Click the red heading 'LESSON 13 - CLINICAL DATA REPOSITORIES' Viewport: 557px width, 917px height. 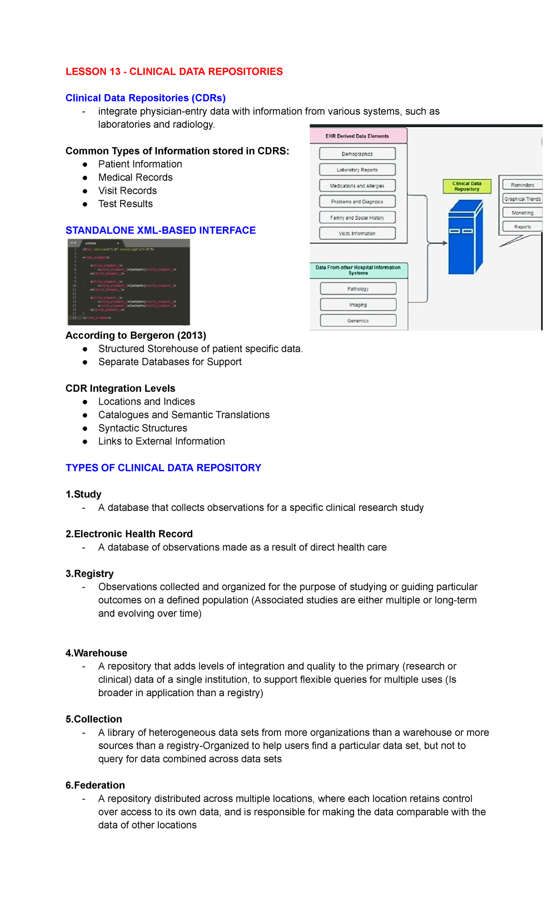[174, 71]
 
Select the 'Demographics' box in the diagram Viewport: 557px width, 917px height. [357, 154]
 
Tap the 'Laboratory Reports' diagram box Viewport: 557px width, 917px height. [357, 170]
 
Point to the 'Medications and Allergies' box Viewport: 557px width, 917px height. [357, 186]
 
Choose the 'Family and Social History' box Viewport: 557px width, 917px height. [357, 218]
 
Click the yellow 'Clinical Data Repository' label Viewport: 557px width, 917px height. [466, 186]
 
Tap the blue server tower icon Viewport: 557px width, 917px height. [465, 237]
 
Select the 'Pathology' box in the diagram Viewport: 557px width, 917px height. [358, 289]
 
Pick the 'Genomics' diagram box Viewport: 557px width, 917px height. [358, 321]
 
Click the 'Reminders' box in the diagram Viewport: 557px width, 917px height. [522, 185]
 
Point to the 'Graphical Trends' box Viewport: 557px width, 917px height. [522, 199]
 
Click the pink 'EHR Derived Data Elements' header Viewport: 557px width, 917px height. [357, 136]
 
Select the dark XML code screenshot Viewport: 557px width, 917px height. [129, 282]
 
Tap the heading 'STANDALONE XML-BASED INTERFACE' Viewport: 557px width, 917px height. [161, 230]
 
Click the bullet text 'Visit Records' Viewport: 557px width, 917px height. [127, 191]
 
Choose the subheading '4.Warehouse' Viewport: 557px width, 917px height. [96, 653]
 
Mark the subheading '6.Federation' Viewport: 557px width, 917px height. [95, 785]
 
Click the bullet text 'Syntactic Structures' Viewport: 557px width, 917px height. [142, 428]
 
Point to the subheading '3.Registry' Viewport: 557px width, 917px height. [90, 574]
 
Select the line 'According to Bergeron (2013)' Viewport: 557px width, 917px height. [136, 335]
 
